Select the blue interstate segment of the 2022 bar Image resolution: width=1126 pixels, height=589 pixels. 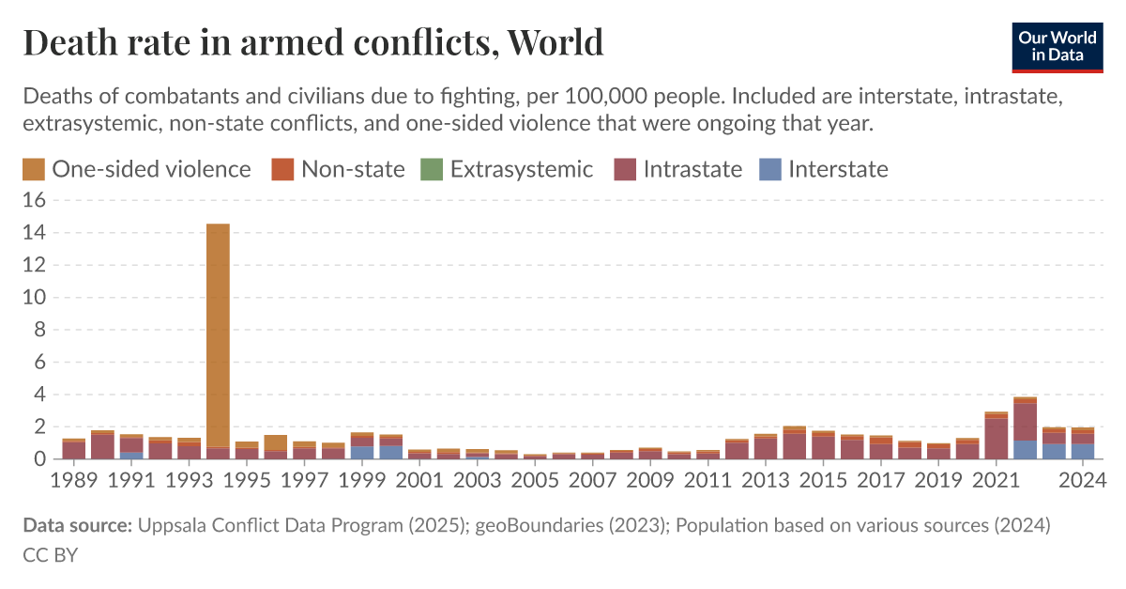coord(1025,450)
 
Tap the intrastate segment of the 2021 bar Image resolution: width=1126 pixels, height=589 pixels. coord(996,439)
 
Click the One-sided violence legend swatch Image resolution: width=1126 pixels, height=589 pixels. coord(33,169)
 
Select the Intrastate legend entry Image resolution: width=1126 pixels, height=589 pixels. coord(678,169)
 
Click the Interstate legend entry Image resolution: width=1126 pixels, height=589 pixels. coord(824,169)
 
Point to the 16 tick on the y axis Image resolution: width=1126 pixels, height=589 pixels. coord(35,200)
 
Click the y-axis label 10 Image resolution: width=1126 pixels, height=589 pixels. coord(35,298)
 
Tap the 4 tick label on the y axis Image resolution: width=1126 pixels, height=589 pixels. coord(40,395)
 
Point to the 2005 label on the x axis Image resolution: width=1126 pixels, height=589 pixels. coord(535,481)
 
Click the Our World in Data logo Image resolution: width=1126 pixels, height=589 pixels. coord(1058,44)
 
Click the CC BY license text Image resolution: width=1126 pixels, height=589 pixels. coord(50,555)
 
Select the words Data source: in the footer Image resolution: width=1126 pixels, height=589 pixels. coord(77,526)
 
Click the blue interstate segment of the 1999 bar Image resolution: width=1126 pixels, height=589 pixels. coord(361,453)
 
